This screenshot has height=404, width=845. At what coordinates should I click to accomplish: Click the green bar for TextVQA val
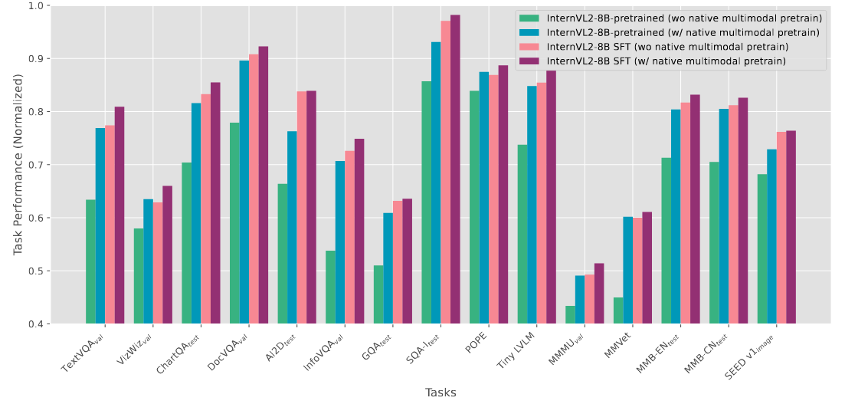pos(90,261)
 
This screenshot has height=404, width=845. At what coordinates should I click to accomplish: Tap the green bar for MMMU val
pos(570,315)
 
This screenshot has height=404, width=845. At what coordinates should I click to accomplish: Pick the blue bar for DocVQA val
pos(244,192)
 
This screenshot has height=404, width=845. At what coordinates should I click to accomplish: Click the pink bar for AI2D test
pos(302,208)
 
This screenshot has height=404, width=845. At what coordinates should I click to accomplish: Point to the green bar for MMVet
pos(618,310)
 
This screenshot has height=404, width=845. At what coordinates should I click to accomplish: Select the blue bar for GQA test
pos(388,268)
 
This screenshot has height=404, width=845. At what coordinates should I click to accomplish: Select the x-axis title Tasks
pos(441,393)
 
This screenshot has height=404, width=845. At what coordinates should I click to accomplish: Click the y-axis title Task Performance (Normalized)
pos(18,164)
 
